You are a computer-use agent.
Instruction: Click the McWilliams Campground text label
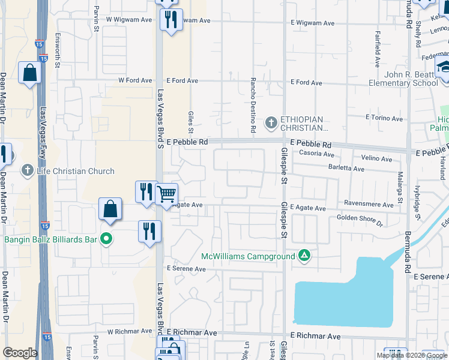click(x=248, y=256)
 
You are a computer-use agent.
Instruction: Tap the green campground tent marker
click(x=305, y=256)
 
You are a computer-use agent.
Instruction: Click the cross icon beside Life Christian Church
click(x=27, y=171)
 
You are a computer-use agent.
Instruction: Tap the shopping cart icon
click(x=166, y=194)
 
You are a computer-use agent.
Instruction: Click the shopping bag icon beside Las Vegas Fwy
click(x=29, y=73)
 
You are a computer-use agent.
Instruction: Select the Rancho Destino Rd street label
click(x=253, y=105)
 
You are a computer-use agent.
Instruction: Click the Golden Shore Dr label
click(x=360, y=220)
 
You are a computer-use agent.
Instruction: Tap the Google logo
click(x=20, y=353)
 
